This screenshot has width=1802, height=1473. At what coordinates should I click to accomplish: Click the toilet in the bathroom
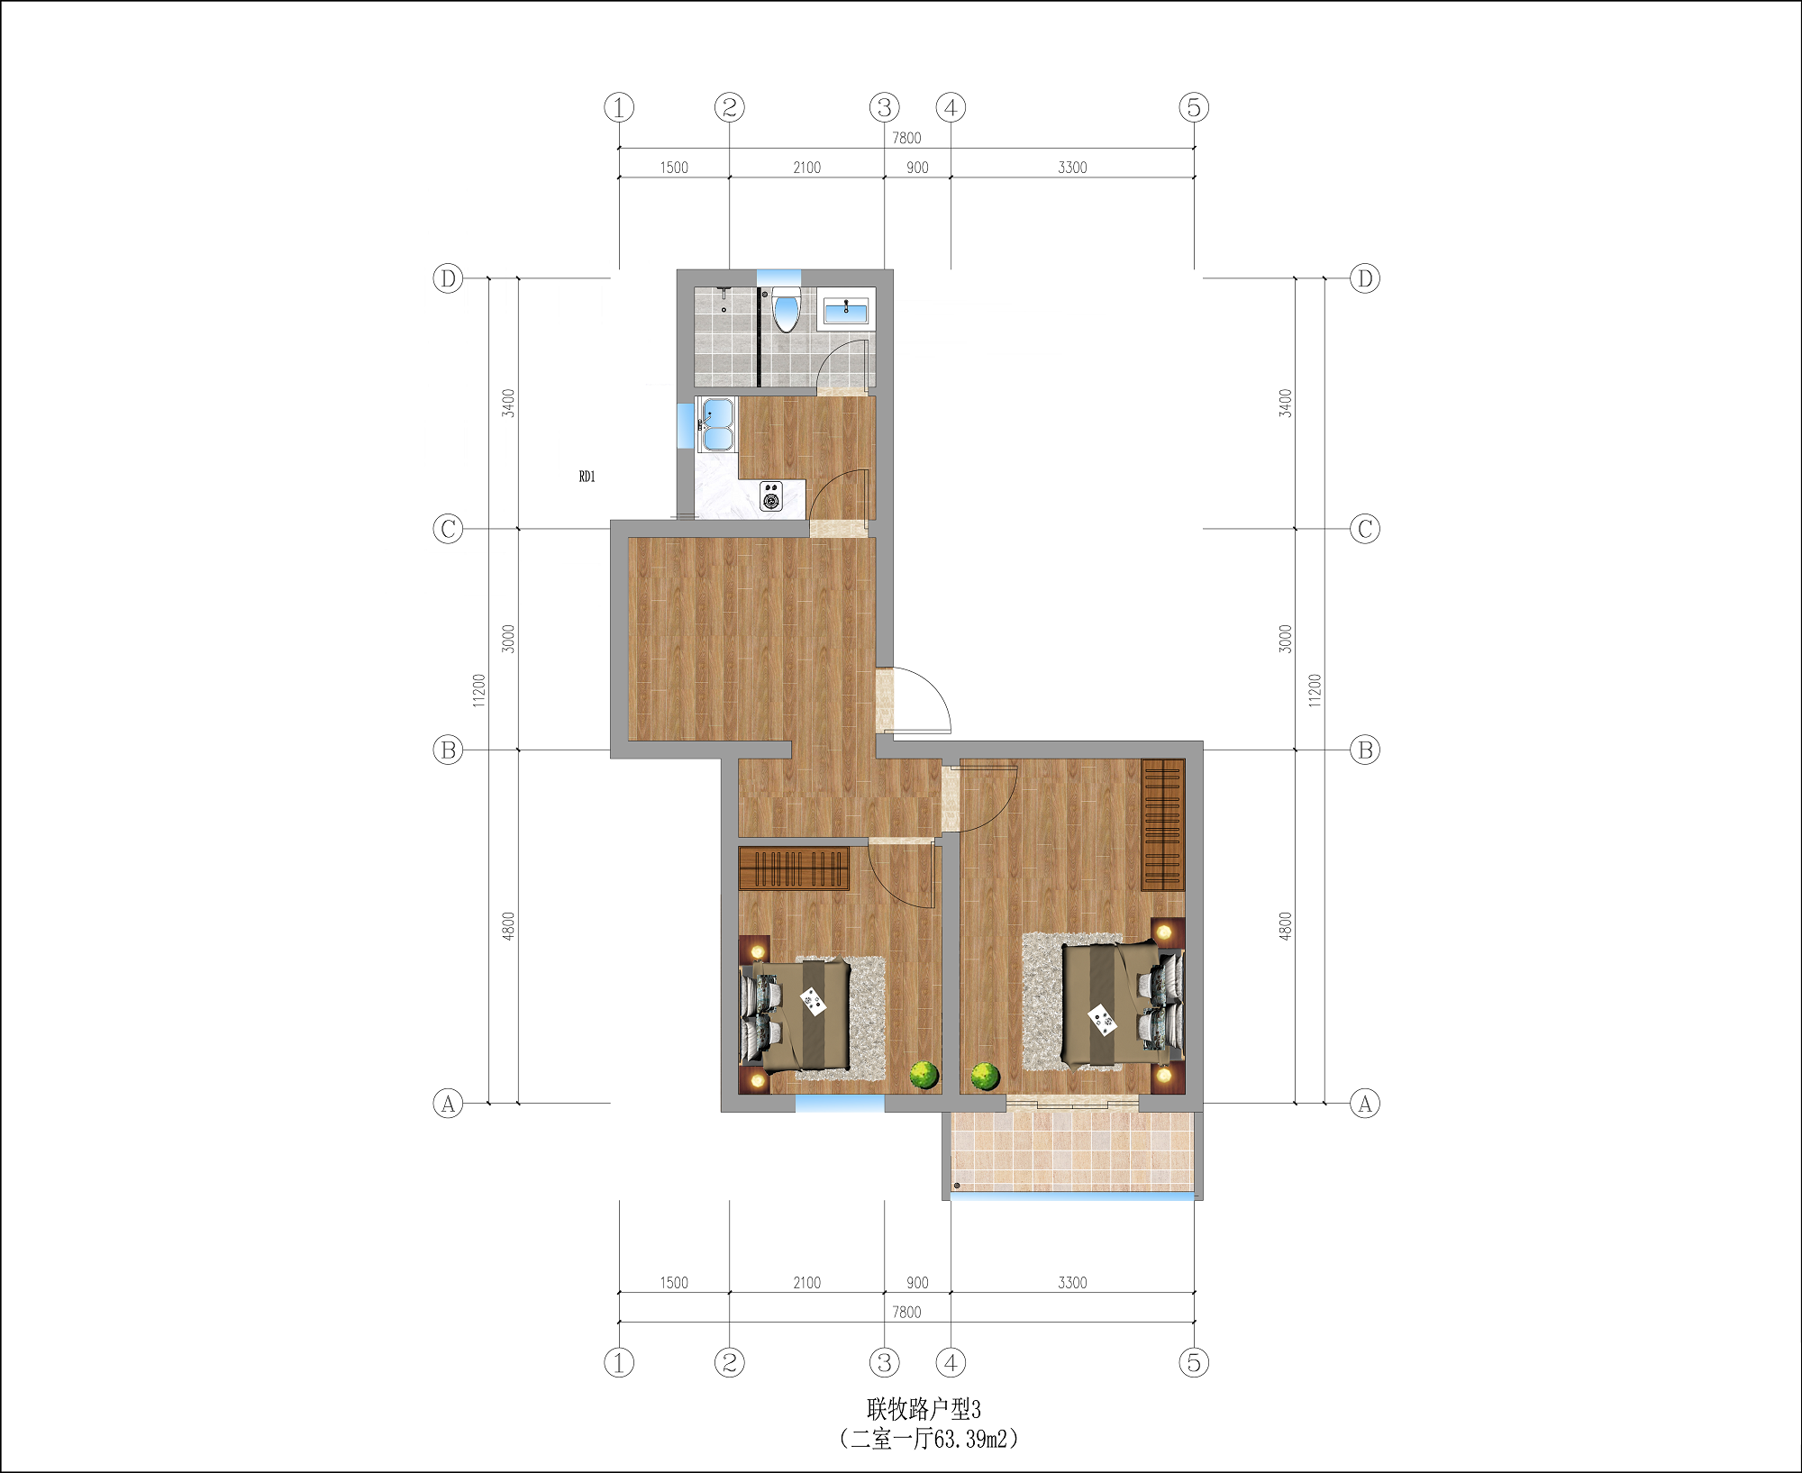tap(786, 309)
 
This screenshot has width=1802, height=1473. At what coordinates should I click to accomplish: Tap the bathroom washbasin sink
tap(846, 312)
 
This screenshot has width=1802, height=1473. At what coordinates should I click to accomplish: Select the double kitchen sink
tap(717, 423)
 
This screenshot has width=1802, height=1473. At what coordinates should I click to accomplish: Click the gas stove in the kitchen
tap(771, 496)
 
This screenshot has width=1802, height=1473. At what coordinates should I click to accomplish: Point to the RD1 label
tap(587, 477)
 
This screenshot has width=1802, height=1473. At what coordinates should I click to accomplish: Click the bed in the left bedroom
tap(796, 1014)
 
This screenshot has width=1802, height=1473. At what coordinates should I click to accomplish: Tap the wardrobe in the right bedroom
tap(1162, 824)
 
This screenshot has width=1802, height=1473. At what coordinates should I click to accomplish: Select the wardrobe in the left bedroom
tap(794, 868)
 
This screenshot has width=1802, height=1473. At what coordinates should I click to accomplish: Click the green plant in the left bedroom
tap(924, 1074)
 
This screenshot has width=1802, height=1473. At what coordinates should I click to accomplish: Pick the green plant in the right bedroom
tap(985, 1076)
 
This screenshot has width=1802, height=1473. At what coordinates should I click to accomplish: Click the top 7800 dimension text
tap(906, 138)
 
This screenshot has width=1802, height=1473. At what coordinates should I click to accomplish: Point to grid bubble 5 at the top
tap(1194, 107)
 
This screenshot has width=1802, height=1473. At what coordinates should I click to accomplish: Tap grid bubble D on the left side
tap(448, 278)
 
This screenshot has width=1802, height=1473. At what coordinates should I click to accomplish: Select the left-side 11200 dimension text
tap(478, 690)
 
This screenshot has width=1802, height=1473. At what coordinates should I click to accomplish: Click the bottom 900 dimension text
tap(917, 1283)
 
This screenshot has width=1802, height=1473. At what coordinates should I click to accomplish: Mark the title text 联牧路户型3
tap(924, 1409)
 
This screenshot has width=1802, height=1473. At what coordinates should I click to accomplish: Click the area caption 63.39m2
tap(970, 1439)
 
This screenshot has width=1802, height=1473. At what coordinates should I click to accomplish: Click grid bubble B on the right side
tap(1365, 750)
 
